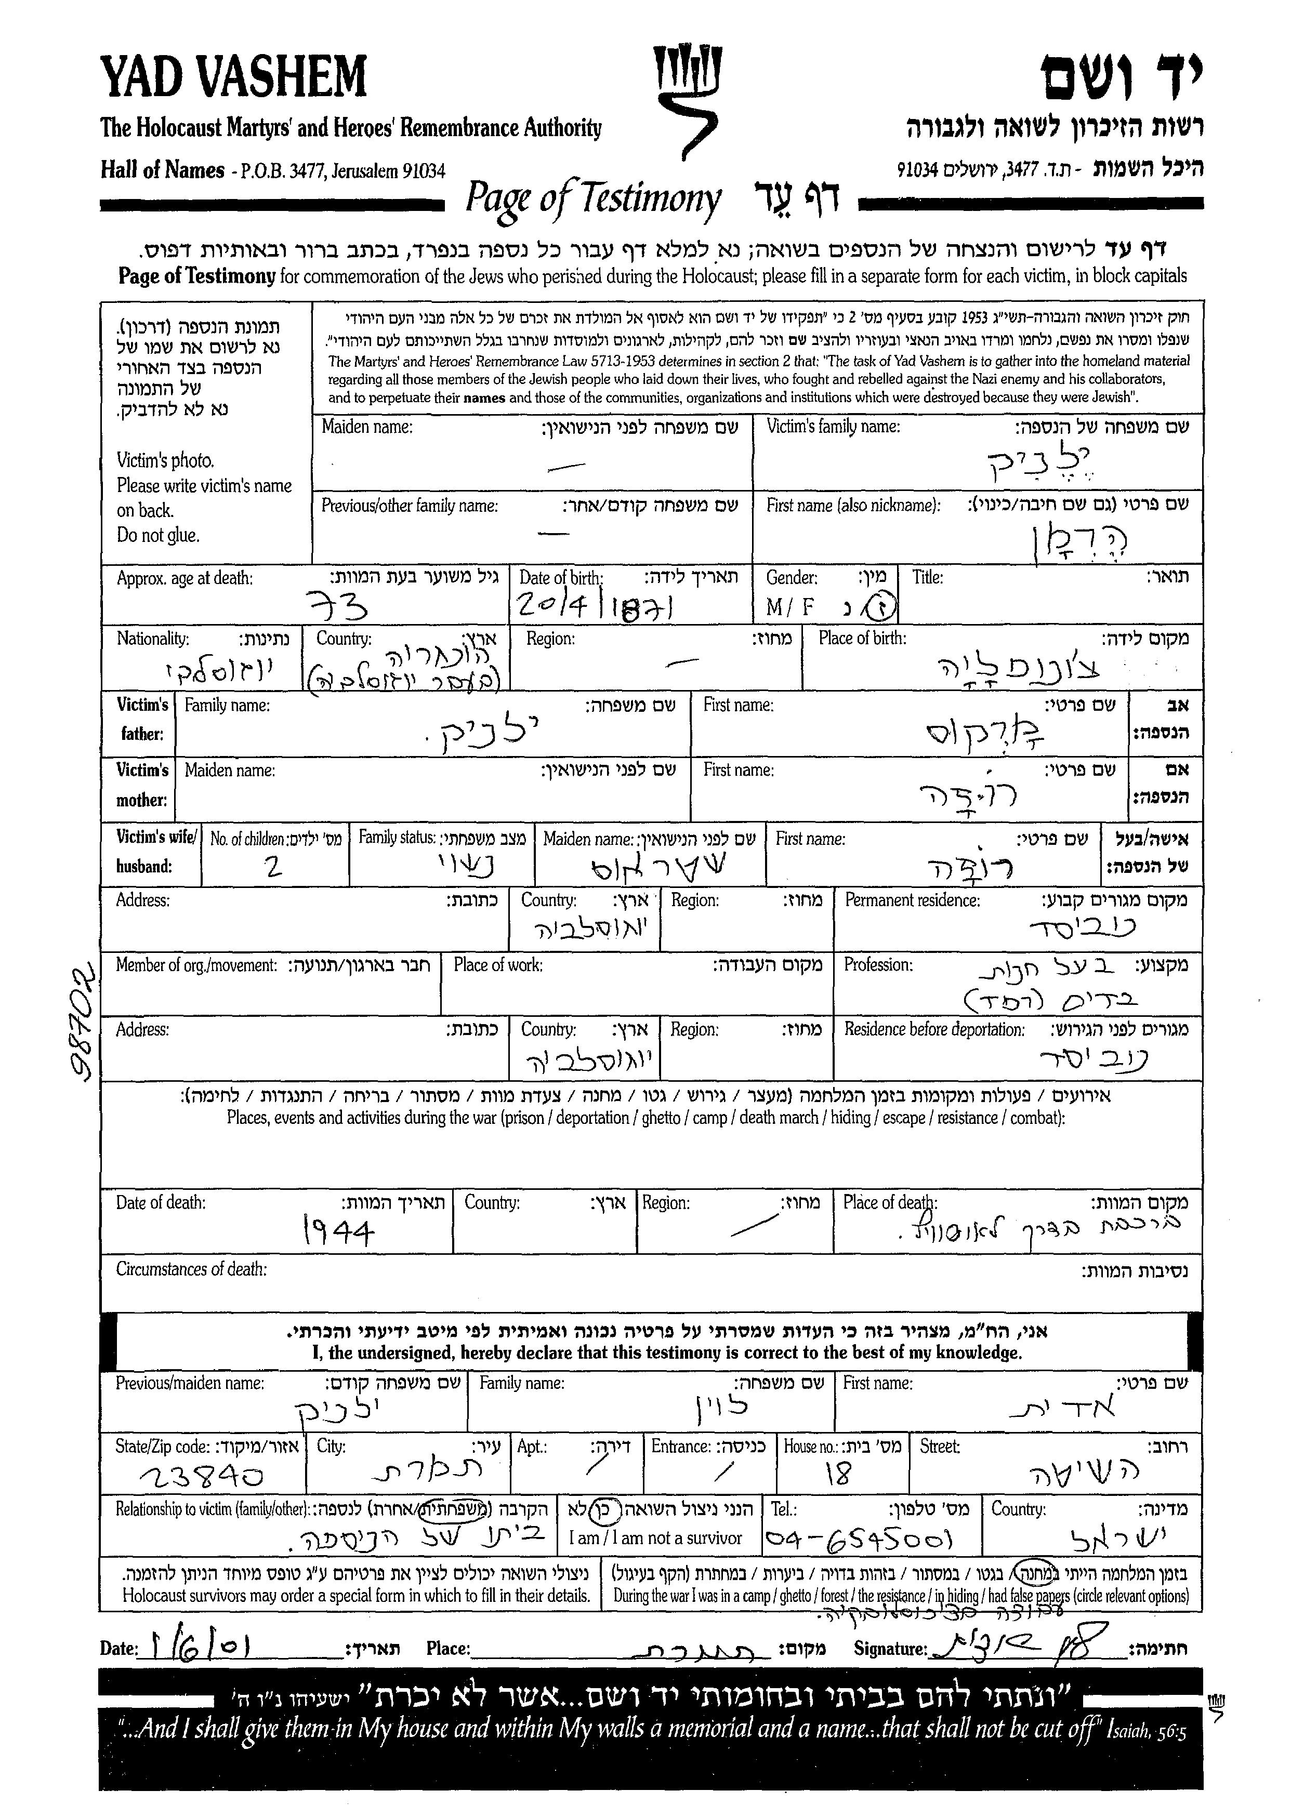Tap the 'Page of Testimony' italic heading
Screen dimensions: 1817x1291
coord(593,198)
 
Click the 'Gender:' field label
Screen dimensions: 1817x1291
coord(791,578)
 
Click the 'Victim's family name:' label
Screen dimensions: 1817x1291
coord(832,427)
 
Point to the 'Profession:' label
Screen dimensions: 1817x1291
coord(878,965)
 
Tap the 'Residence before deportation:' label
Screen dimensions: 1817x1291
coord(934,1030)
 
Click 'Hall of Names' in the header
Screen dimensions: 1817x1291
coord(162,170)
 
